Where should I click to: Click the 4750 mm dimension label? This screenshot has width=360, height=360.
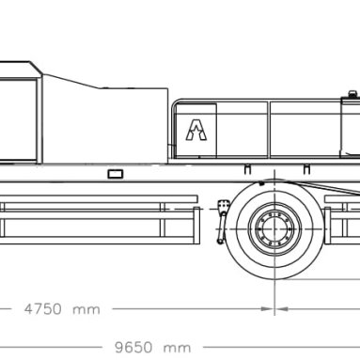62,309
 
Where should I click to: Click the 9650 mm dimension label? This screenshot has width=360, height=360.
152,348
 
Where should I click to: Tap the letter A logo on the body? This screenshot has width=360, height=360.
196,130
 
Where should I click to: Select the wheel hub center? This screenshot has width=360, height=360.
274,229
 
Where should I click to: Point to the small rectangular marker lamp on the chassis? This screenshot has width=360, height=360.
116,174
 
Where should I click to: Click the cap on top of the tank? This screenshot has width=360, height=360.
352,94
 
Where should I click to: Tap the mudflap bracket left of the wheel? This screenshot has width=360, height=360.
223,221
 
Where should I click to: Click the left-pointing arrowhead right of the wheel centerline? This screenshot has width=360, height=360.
282,309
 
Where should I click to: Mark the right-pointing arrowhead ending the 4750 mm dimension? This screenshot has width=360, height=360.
267,309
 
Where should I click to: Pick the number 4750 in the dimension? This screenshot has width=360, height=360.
43,309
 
